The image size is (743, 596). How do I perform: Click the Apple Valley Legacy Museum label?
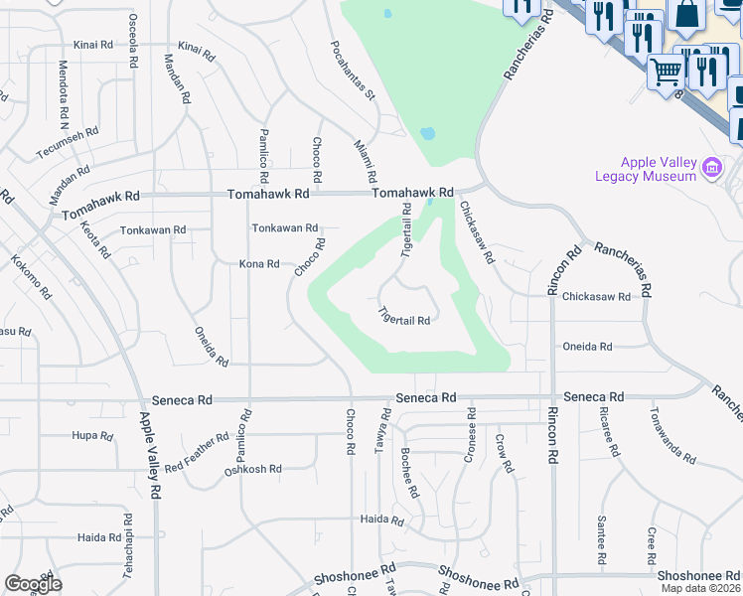(x=658, y=169)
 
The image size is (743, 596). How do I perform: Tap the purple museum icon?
(x=711, y=168)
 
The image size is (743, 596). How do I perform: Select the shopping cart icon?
(x=666, y=71)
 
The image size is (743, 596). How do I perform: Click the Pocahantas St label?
(x=353, y=70)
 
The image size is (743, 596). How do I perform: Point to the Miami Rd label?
(x=366, y=160)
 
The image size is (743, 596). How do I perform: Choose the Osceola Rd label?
(x=133, y=41)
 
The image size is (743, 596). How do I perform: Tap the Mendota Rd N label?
(x=63, y=95)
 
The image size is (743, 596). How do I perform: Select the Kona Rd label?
(x=259, y=264)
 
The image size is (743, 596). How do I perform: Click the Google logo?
(x=33, y=584)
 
